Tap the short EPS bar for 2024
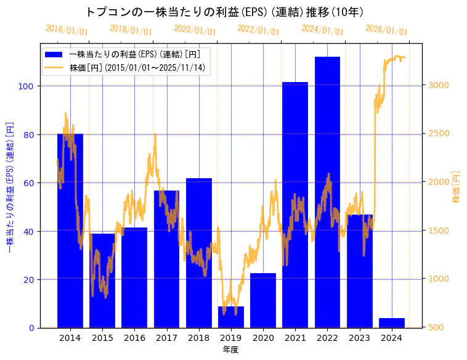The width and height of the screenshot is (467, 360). click(x=392, y=323)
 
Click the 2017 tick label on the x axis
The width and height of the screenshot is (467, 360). click(x=166, y=338)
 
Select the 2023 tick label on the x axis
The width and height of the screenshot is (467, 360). click(x=360, y=338)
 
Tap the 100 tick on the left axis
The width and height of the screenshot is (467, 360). click(x=25, y=86)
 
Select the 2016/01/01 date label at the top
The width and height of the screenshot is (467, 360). click(x=67, y=30)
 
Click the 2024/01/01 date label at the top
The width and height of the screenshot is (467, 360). click(x=322, y=30)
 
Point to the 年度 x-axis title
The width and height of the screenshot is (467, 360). click(x=230, y=350)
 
